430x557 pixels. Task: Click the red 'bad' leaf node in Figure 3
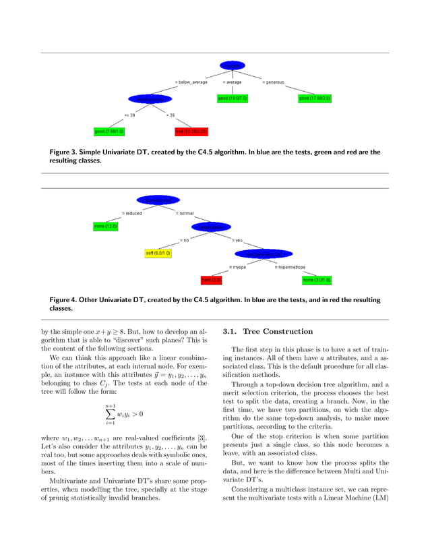(x=191, y=131)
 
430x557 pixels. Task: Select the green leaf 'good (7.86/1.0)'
(x=110, y=131)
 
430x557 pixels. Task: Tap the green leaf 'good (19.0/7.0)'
(x=233, y=98)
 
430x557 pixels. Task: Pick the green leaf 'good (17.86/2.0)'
(x=315, y=98)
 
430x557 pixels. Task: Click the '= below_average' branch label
(x=191, y=82)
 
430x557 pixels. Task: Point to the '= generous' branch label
(x=273, y=82)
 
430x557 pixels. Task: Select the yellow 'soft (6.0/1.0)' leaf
(x=158, y=253)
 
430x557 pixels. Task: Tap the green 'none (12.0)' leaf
(x=105, y=227)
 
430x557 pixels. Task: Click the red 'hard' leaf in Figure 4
(x=212, y=279)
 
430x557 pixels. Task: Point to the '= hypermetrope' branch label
(x=294, y=267)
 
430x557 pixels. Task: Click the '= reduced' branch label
(x=131, y=214)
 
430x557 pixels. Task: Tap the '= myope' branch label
(x=237, y=267)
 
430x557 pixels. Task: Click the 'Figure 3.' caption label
(x=65, y=152)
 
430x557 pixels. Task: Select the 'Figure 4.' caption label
(x=65, y=299)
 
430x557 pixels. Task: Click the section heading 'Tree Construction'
(x=278, y=332)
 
